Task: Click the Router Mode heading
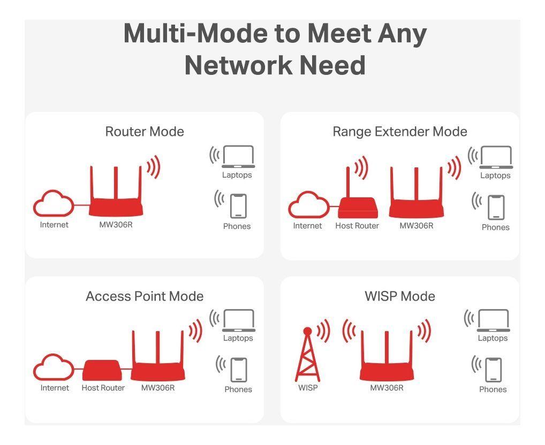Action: pyautogui.click(x=145, y=132)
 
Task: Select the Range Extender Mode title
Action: pyautogui.click(x=399, y=132)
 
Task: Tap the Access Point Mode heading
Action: pyautogui.click(x=145, y=296)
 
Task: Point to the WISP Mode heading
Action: pyautogui.click(x=399, y=296)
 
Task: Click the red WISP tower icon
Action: pyautogui.click(x=307, y=356)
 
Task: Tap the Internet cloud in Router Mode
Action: pyautogui.click(x=54, y=204)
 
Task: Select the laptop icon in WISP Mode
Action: pyautogui.click(x=493, y=321)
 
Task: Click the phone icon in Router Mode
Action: pyautogui.click(x=238, y=206)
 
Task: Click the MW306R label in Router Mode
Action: pyautogui.click(x=116, y=225)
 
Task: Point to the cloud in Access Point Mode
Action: pyautogui.click(x=54, y=369)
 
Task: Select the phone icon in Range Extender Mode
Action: pyautogui.click(x=496, y=208)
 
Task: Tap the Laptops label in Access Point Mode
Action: pyautogui.click(x=238, y=338)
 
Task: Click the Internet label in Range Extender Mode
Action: pyautogui.click(x=307, y=226)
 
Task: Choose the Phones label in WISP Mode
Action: pyautogui.click(x=493, y=389)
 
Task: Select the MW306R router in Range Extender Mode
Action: pyautogui.click(x=417, y=201)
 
